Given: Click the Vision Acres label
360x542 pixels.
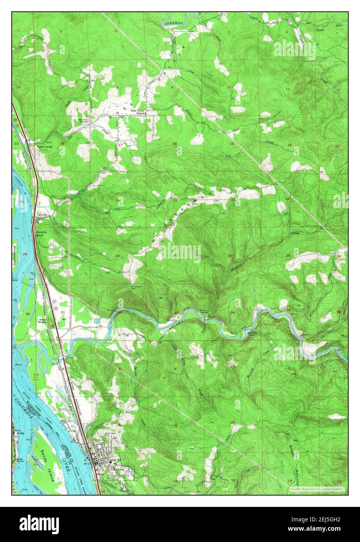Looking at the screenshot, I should click(x=44, y=147).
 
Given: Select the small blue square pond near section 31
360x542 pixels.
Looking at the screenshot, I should click(x=96, y=321).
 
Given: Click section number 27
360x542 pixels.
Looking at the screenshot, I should click(x=230, y=256).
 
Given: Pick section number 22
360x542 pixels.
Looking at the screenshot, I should click(x=232, y=200).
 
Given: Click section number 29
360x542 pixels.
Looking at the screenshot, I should click(x=117, y=256).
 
